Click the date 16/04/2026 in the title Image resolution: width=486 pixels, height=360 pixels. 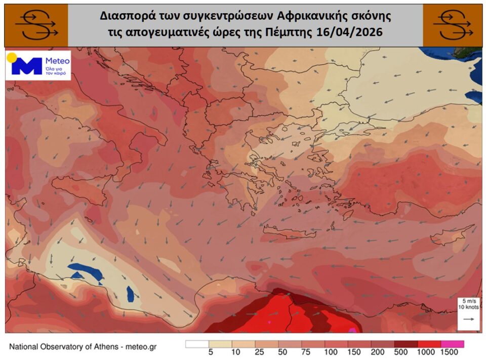(352, 32)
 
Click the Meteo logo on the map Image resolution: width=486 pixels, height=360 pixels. (38, 65)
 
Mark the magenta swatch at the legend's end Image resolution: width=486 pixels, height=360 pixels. (452, 344)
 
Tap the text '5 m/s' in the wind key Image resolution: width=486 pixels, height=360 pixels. (468, 302)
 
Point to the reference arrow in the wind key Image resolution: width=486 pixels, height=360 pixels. (469, 319)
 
